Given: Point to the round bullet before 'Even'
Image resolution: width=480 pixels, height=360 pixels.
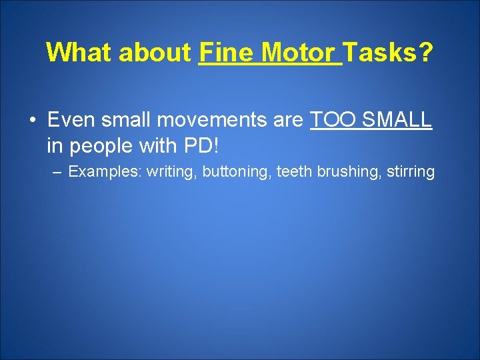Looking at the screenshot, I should pos(32,121).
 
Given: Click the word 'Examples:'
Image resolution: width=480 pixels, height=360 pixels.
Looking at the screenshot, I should pos(105,172).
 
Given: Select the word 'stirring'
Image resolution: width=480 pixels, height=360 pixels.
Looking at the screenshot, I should pos(407,172).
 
